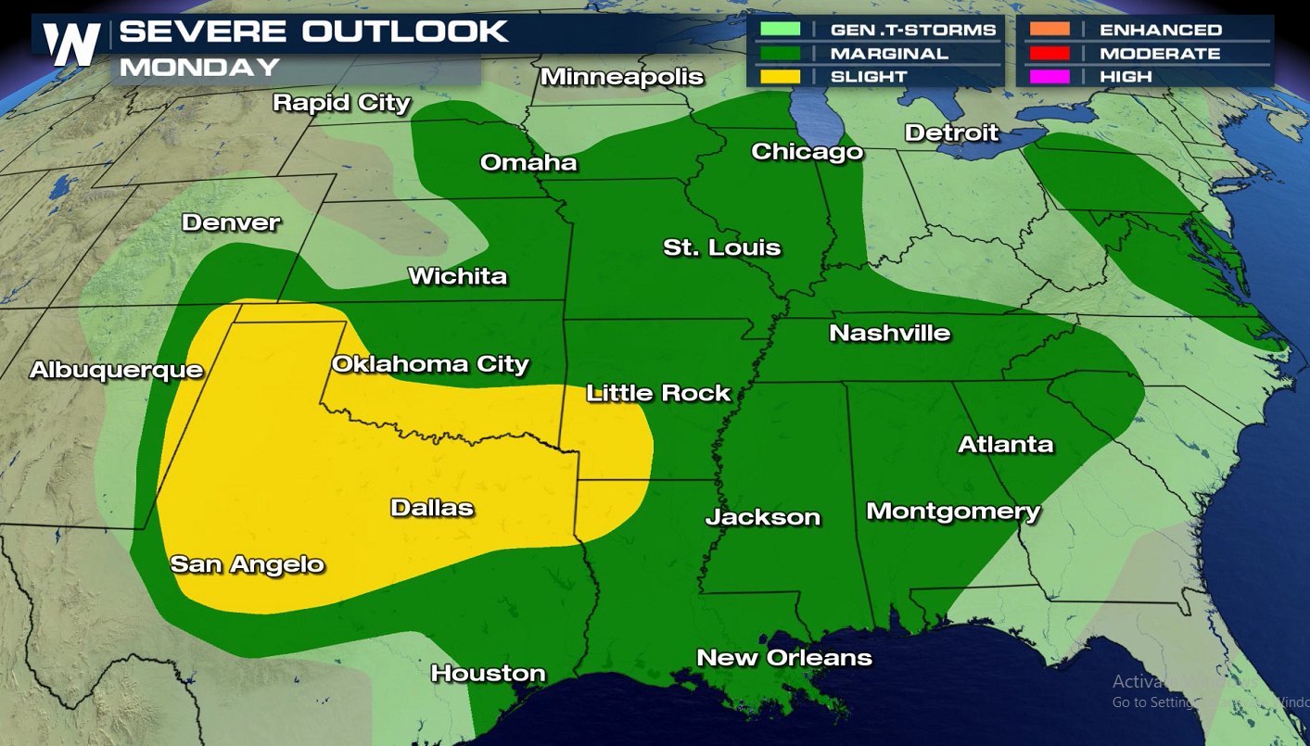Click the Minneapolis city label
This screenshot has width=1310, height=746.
tap(622, 77)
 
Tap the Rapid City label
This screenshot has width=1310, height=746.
tap(341, 102)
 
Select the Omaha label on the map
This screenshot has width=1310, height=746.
tap(528, 163)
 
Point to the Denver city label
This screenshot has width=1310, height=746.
tap(231, 222)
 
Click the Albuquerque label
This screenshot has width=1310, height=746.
tap(116, 370)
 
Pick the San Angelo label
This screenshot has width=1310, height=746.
tap(247, 563)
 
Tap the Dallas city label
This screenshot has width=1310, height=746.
tap(432, 507)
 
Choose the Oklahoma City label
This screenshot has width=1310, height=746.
tap(430, 364)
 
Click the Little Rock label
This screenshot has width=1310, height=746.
tap(658, 393)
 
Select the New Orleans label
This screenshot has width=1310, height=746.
tap(784, 657)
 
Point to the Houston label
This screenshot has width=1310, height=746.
tap(488, 673)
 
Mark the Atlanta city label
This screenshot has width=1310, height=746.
tap(1005, 444)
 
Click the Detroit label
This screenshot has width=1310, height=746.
tap(951, 133)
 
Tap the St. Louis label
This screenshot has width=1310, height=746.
tap(721, 247)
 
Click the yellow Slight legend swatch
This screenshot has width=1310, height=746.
tap(780, 76)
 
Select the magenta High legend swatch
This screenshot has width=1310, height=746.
tap(1049, 76)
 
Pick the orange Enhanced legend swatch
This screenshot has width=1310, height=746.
tap(1049, 30)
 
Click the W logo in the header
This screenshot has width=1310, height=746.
tap(72, 44)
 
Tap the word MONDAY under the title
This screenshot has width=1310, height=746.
tap(199, 68)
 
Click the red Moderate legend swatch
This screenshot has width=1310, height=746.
tap(1049, 53)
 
